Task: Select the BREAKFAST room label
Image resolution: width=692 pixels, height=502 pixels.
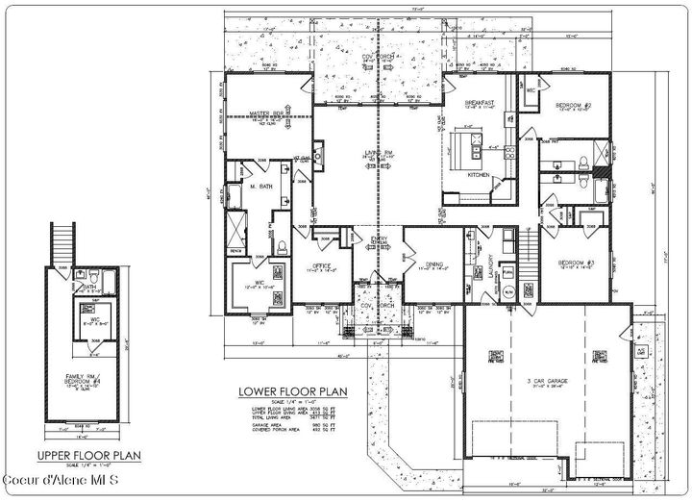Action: (479, 103)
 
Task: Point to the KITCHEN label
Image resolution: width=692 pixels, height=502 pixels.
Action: (480, 176)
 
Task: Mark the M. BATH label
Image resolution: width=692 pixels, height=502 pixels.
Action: (258, 187)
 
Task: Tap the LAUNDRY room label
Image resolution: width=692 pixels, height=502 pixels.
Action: (490, 264)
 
